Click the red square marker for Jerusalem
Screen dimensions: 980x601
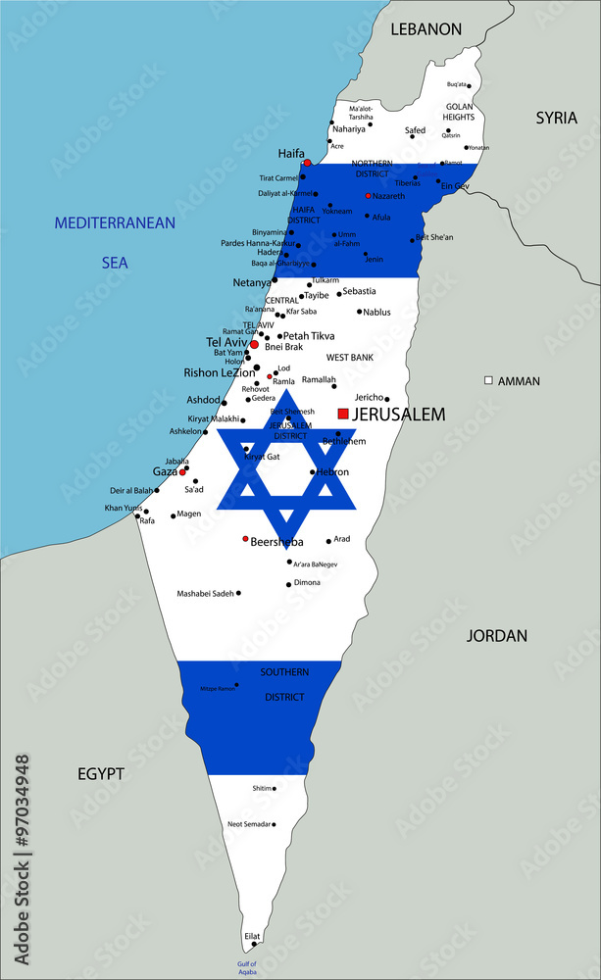(343, 415)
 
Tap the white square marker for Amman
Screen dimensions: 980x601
(488, 380)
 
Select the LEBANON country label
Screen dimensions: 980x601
(426, 29)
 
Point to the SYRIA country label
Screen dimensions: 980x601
(556, 118)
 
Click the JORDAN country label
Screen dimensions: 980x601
(496, 636)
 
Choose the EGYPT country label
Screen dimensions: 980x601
(101, 774)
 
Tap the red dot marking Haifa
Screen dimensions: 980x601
(307, 163)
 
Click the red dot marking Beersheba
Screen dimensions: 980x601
(245, 538)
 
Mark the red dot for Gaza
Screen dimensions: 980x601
(182, 471)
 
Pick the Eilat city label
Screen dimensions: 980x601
(252, 936)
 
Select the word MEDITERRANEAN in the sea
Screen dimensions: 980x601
(115, 223)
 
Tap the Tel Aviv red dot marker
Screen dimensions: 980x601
(254, 345)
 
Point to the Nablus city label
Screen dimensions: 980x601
(376, 313)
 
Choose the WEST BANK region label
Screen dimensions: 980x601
(350, 358)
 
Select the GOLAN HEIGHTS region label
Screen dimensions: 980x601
(459, 112)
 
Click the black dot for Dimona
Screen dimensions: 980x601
(288, 584)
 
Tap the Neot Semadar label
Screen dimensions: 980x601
(248, 824)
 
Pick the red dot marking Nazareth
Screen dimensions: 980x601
(368, 196)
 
